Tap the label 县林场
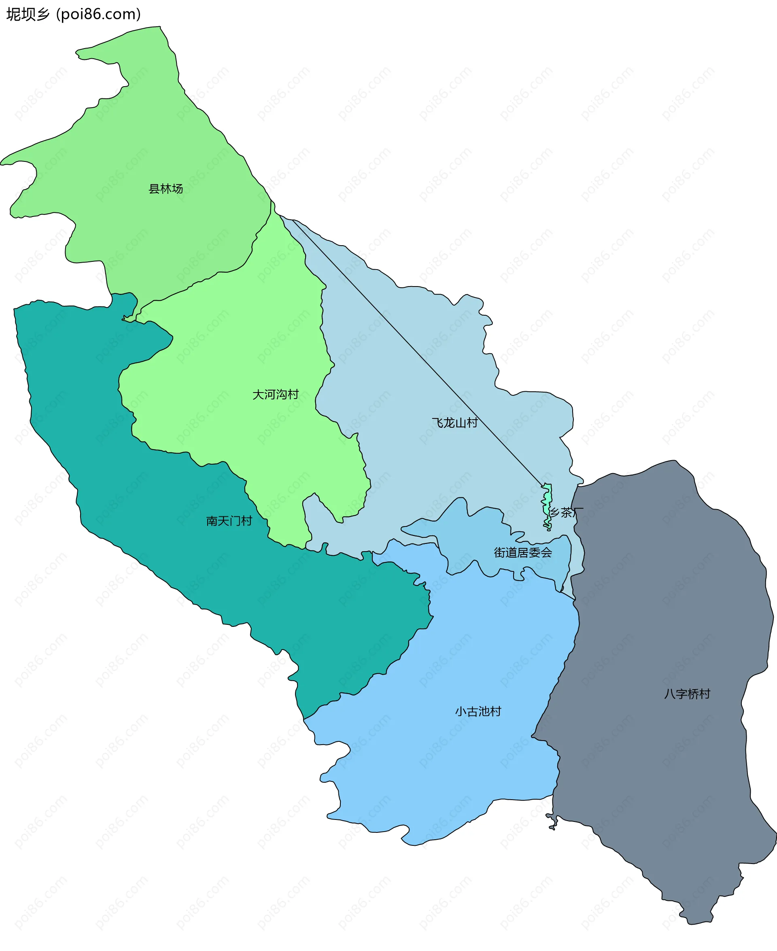[166, 189]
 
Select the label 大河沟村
[275, 394]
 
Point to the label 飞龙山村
[454, 422]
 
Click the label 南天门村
[229, 521]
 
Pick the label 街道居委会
[523, 553]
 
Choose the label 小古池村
[478, 711]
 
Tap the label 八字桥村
[687, 694]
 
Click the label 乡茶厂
[566, 512]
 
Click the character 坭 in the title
[13, 14]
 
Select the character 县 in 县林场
[154, 189]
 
